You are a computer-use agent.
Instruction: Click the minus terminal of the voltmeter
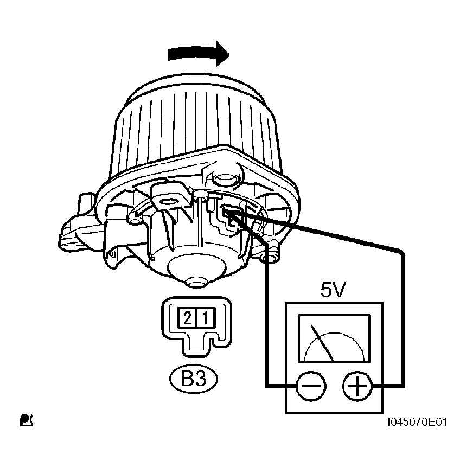pos(311,386)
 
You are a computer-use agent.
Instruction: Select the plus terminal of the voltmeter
pos(358,386)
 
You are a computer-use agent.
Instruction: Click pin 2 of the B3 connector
pos(187,318)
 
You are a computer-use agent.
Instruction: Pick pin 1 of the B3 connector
pos(206,318)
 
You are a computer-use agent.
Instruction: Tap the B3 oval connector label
pos(194,379)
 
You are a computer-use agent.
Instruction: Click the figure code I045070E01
pos(417,422)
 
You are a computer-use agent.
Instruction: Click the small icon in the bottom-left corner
pos(27,420)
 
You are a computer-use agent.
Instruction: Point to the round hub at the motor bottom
pos(196,283)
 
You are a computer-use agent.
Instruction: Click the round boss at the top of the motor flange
pos(226,180)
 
